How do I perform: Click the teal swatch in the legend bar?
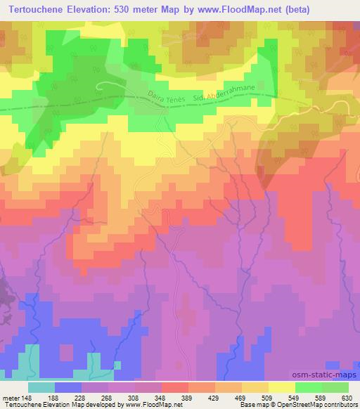(42, 387)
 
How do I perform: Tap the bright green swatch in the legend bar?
(308, 387)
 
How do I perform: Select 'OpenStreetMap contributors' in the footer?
(319, 405)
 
